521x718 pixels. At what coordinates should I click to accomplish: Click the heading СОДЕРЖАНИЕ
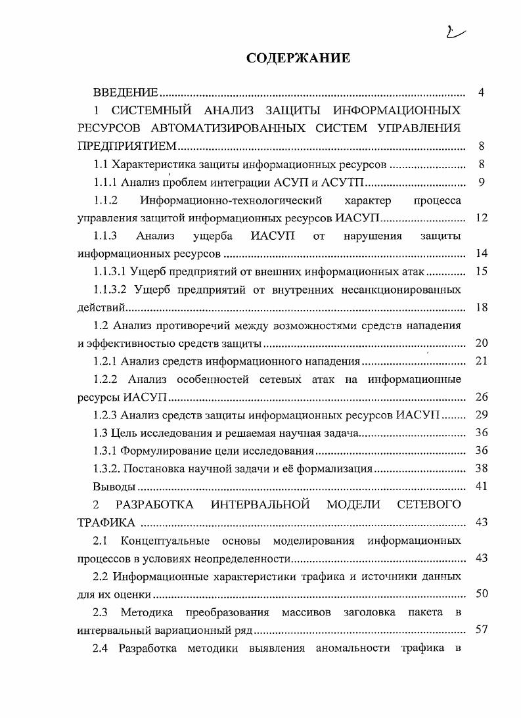pos(298,58)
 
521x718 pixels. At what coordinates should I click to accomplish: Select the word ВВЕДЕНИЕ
pos(125,92)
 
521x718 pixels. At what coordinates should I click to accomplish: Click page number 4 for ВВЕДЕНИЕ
pos(481,92)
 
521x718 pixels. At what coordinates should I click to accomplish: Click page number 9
pos(481,182)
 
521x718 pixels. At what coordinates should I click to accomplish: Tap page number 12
pos(481,217)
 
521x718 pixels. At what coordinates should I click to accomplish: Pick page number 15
pos(481,271)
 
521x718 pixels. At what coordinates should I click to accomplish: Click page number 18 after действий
pos(481,307)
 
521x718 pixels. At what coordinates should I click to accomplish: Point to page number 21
pos(481,361)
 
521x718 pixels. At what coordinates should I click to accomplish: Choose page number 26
pos(481,397)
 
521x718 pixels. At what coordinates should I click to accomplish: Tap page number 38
pos(481,468)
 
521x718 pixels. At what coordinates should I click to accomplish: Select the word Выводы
pos(114,487)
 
